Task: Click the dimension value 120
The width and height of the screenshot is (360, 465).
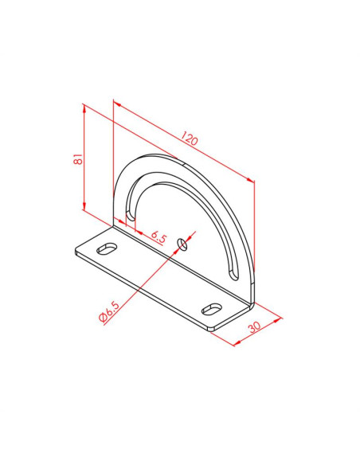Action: (x=189, y=139)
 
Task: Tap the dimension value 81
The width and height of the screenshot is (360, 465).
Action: (x=78, y=159)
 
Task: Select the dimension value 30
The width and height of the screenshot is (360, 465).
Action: (x=254, y=326)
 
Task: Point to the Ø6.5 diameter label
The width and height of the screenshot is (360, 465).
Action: (x=109, y=312)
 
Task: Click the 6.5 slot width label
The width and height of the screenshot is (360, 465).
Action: (x=158, y=236)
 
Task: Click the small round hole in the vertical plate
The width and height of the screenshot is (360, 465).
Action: (x=182, y=244)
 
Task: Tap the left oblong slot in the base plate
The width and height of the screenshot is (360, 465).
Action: (x=107, y=248)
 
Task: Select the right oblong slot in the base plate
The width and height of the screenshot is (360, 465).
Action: (x=212, y=309)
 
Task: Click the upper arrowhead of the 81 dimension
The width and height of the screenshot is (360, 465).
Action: (x=84, y=109)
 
